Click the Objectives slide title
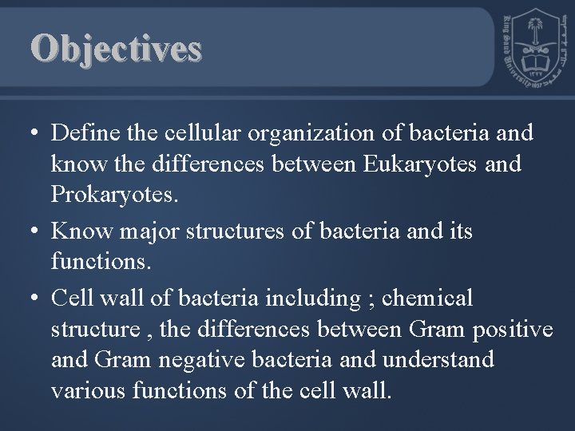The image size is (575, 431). point(117,49)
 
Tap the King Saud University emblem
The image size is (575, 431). point(533,49)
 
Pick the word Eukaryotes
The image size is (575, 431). point(417,165)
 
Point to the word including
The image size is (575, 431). point(314,299)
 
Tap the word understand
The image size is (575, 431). point(438,359)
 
